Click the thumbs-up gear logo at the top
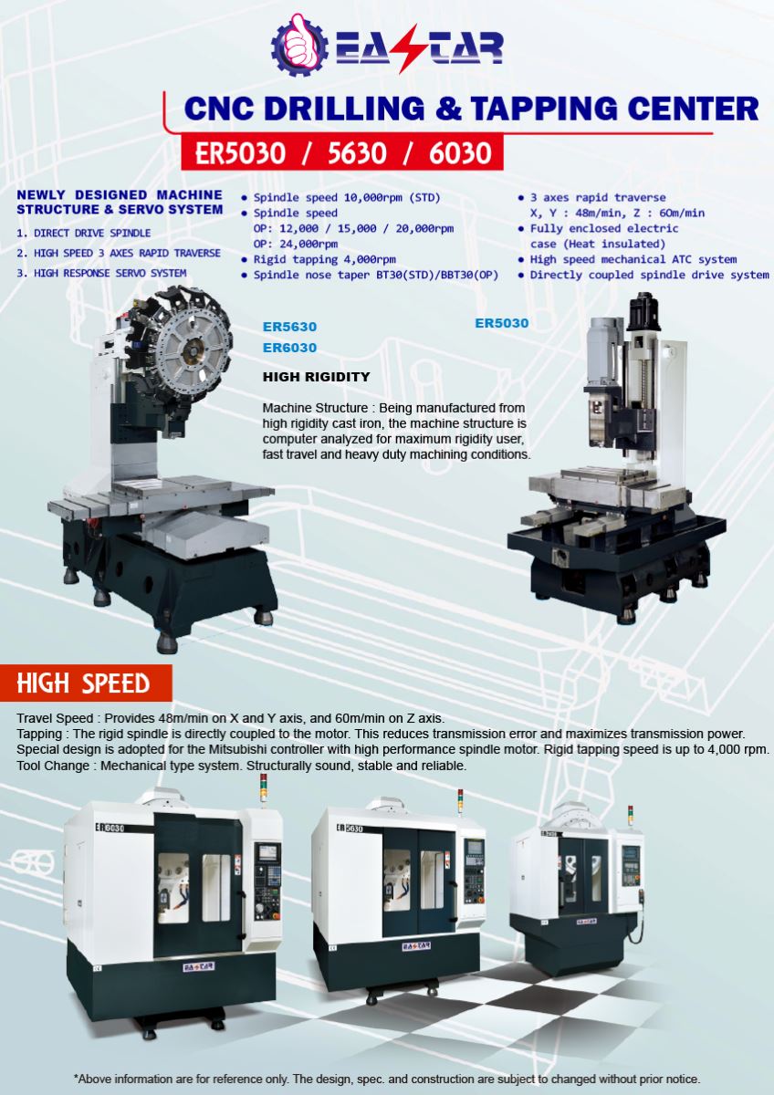(299, 45)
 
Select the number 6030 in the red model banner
(460, 153)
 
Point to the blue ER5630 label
(289, 327)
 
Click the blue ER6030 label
(289, 348)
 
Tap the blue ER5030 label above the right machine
(502, 323)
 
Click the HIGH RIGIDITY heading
(317, 377)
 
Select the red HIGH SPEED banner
(86, 683)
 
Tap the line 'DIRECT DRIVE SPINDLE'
(92, 234)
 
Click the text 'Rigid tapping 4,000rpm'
(324, 259)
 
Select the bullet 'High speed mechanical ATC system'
(633, 259)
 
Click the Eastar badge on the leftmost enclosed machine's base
(198, 966)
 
